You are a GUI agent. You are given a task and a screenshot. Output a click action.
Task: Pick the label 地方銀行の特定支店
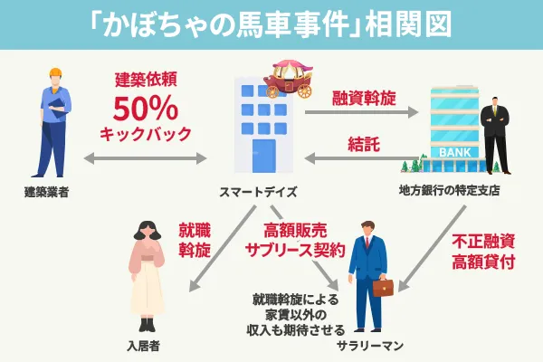[449, 191]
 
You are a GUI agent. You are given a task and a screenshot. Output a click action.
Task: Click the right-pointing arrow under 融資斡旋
[362, 113]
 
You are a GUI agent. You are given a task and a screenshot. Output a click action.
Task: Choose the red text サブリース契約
[293, 250]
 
